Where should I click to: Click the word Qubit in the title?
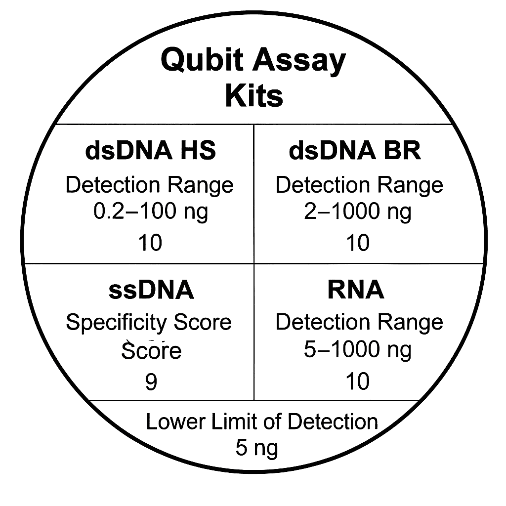tap(202, 60)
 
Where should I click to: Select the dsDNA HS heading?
tap(150, 151)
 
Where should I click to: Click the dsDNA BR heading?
tap(355, 151)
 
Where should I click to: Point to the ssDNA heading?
tap(151, 290)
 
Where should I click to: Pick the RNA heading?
tap(356, 290)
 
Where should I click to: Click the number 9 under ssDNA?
tap(151, 381)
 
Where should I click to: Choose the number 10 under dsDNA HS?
tap(150, 243)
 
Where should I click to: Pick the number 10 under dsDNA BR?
tap(358, 243)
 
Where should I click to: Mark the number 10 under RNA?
tap(358, 381)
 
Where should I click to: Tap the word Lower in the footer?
tap(176, 422)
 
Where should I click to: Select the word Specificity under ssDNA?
tap(116, 323)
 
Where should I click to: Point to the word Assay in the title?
tap(299, 61)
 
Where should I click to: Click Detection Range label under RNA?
tap(359, 323)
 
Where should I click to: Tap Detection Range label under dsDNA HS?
tap(149, 186)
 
